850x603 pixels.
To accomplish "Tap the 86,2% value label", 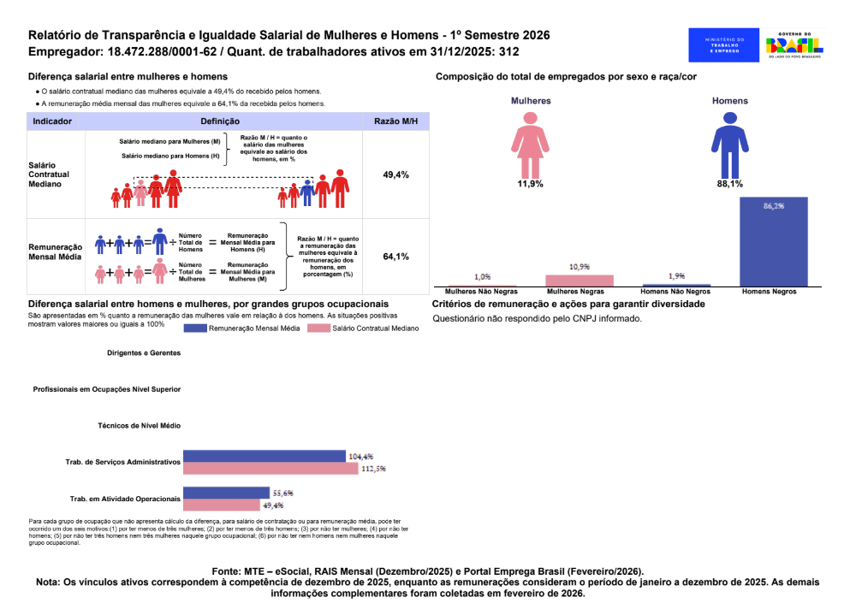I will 773,205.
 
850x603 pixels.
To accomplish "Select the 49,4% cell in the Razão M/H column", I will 395,174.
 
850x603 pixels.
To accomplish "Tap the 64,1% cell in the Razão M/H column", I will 395,257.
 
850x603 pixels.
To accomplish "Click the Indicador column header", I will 52,121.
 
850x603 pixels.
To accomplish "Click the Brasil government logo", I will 794,44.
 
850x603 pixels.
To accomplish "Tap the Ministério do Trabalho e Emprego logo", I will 724,44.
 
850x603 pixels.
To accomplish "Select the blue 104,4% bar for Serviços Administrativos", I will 265,456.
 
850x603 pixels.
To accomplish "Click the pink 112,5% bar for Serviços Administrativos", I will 272,468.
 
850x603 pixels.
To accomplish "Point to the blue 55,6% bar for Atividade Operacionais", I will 227,493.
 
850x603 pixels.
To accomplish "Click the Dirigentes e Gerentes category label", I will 144,352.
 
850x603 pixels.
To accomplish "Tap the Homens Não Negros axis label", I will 676,292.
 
